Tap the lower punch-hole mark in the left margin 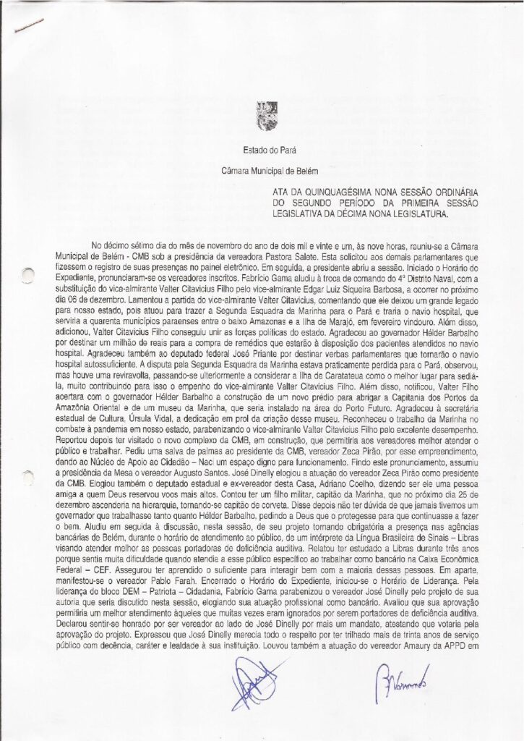(x=27, y=477)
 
